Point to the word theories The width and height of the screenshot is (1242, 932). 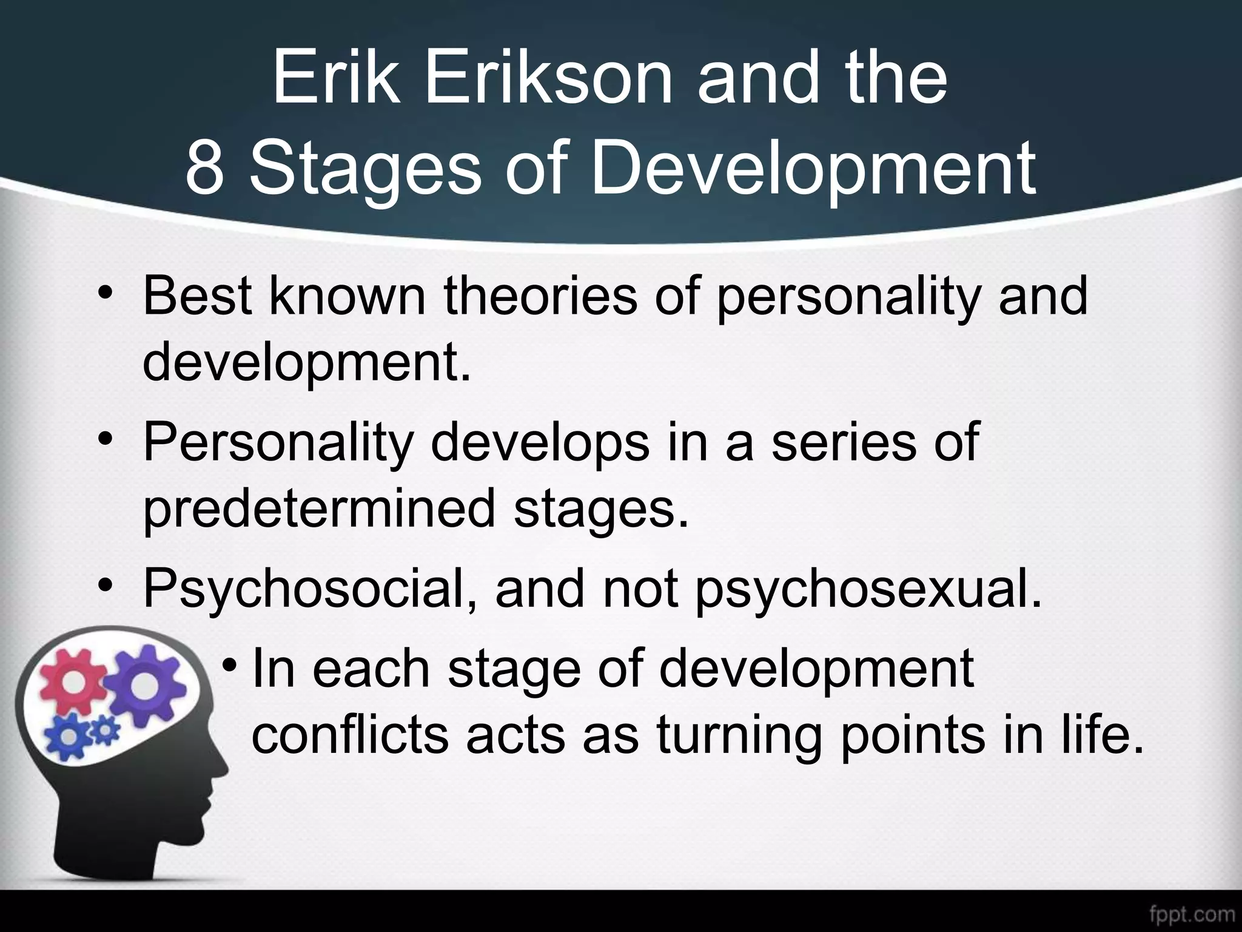click(540, 297)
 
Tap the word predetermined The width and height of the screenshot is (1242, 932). click(320, 510)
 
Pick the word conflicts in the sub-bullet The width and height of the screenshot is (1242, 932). click(349, 735)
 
